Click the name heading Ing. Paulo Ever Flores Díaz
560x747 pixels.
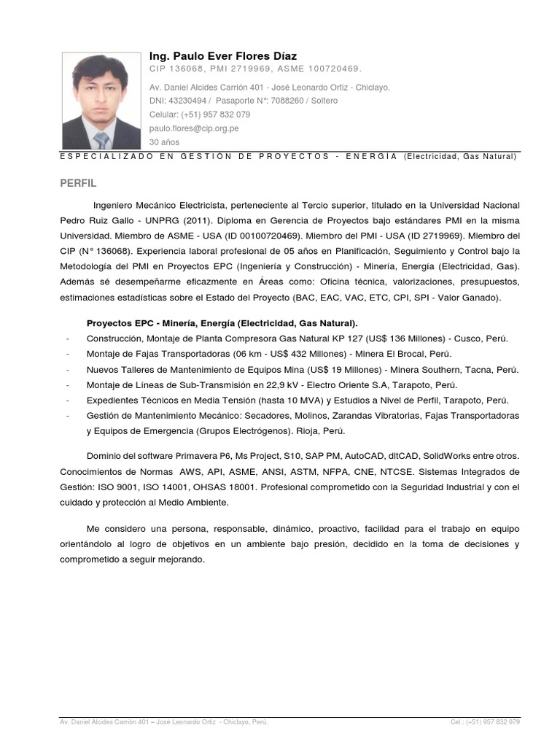[222, 56]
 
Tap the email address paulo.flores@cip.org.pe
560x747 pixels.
[193, 128]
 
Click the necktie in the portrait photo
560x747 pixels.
[101, 140]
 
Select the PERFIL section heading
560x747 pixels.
[78, 182]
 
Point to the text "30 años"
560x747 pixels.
[164, 142]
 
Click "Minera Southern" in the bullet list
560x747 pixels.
[437, 369]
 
